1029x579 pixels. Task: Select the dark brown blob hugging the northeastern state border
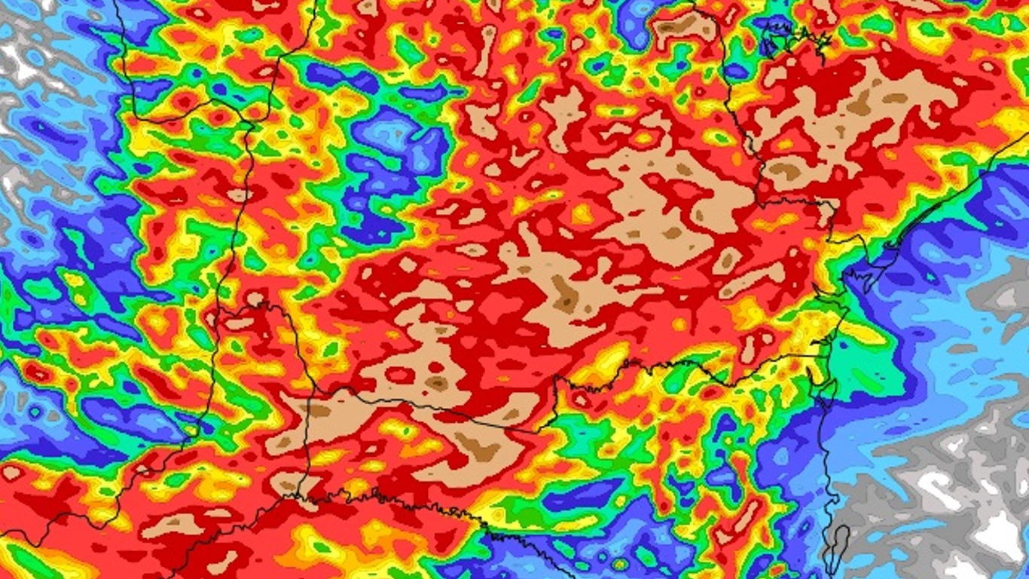coord(783,170)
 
